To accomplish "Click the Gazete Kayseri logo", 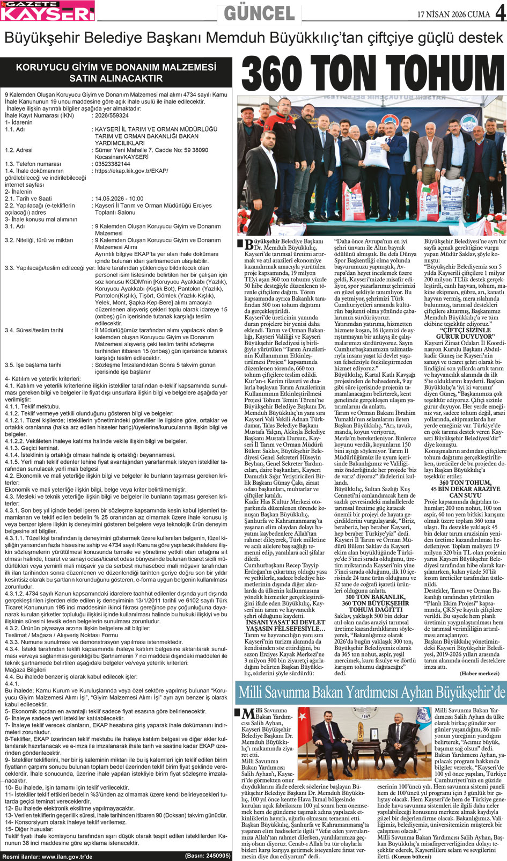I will click(x=48, y=12).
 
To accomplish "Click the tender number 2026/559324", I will click(x=112, y=115).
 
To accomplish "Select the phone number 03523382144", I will click(x=113, y=164).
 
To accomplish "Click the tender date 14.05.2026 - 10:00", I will click(x=119, y=199).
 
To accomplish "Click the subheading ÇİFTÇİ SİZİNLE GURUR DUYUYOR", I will click(x=464, y=333).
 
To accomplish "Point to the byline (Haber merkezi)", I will click(x=479, y=674).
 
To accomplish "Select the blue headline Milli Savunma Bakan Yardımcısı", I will click(x=371, y=692).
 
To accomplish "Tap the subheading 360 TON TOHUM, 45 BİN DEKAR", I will click(x=465, y=486).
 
